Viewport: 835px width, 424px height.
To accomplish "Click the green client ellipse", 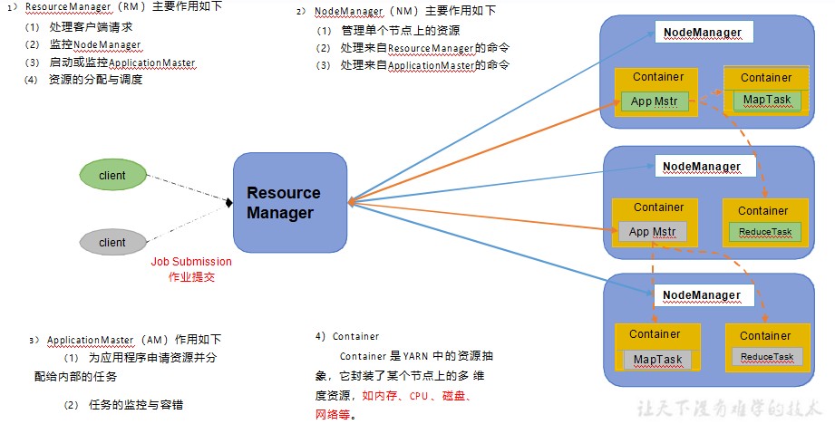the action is (x=113, y=175).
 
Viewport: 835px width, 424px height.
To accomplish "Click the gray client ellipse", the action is (x=113, y=242).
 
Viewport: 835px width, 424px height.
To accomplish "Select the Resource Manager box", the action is (x=290, y=203).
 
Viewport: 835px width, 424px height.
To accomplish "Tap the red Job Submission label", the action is (x=191, y=262).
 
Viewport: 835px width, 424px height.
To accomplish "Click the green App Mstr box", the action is (x=655, y=101).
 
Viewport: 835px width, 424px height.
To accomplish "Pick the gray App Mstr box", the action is (x=653, y=232).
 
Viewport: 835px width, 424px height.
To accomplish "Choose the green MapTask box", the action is (x=767, y=100).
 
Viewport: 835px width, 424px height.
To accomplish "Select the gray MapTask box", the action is (x=657, y=360).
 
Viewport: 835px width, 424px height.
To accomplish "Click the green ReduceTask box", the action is (x=765, y=232).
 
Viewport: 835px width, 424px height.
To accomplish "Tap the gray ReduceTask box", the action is (x=767, y=356).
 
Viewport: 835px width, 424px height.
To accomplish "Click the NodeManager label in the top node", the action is (x=703, y=33).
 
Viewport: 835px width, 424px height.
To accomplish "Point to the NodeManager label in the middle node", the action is (x=702, y=167).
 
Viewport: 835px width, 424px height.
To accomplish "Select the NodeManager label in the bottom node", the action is (x=702, y=295).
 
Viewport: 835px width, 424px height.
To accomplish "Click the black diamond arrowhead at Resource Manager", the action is (x=229, y=203).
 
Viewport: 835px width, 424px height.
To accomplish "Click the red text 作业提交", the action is (x=191, y=277).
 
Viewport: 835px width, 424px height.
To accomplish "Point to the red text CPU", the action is (x=419, y=396).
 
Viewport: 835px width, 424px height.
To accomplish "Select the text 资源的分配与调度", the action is (x=96, y=80).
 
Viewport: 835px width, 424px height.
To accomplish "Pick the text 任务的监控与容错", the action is (x=136, y=405).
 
